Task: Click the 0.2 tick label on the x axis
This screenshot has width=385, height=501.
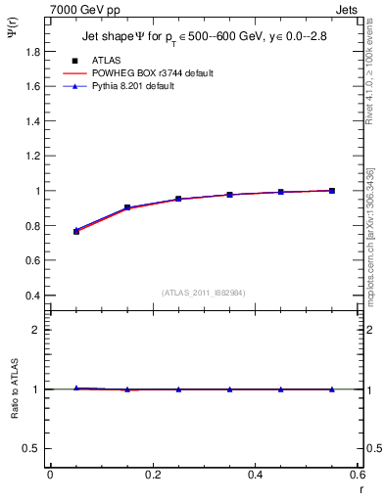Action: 152,475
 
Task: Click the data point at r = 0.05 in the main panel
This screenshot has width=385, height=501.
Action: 76,231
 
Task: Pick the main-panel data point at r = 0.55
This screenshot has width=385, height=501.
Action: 332,191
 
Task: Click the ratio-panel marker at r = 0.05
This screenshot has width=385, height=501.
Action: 76,388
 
